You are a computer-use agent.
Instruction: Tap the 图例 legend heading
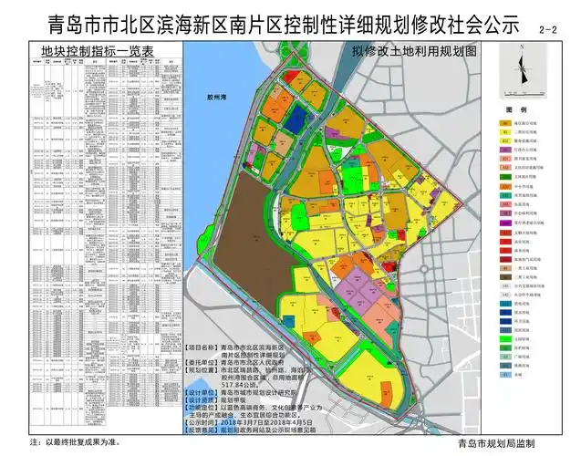point(521,110)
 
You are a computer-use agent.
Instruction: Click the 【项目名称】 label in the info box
point(202,348)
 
